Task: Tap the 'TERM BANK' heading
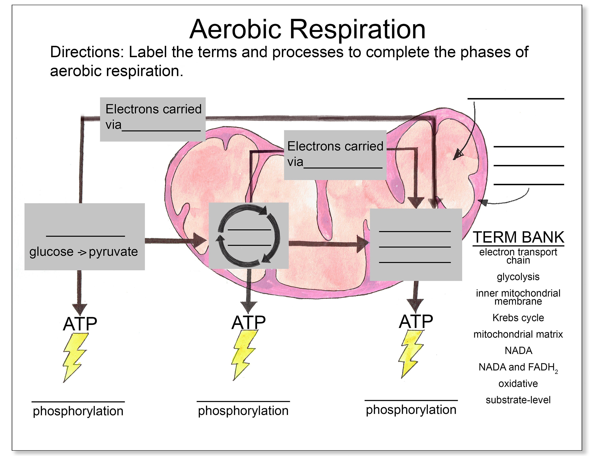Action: tap(518, 237)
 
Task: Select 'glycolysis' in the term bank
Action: tap(518, 277)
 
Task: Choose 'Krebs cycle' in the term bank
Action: tap(518, 318)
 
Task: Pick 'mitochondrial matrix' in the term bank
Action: tap(518, 334)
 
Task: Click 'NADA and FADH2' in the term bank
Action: tap(518, 367)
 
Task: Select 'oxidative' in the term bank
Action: tap(518, 383)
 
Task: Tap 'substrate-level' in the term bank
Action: tap(518, 400)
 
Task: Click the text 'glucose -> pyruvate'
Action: tap(84, 252)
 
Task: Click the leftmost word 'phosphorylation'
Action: tap(78, 411)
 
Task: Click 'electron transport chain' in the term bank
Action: tap(518, 256)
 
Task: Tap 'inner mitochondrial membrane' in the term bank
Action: tap(518, 297)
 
